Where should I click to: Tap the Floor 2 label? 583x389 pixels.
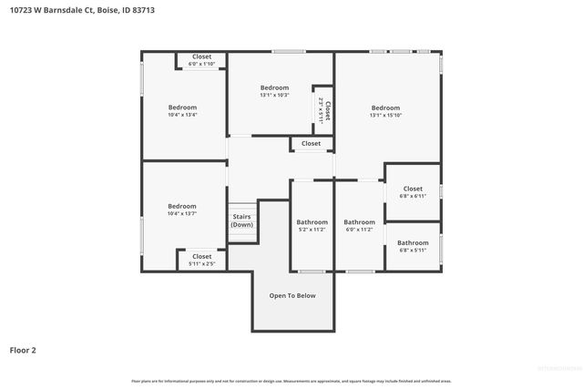[23, 349]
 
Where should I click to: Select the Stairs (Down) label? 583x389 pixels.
[241, 220]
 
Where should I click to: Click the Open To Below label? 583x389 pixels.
[292, 295]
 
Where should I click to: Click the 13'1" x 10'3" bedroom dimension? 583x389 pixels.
[274, 95]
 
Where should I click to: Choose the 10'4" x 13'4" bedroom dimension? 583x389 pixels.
[182, 115]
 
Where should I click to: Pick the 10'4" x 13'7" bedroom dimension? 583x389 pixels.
[182, 213]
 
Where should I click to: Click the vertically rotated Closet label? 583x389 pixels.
[327, 110]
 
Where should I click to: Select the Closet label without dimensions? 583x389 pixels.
[312, 143]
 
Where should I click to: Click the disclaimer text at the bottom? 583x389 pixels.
[291, 381]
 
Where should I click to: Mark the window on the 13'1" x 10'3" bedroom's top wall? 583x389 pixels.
[289, 51]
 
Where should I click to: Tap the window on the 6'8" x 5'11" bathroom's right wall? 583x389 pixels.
[442, 248]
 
